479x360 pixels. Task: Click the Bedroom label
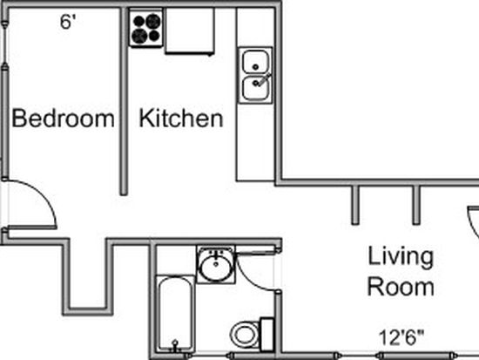click(63, 118)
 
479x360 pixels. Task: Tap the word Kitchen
click(181, 118)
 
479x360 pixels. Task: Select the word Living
click(401, 257)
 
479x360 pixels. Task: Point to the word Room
click(401, 287)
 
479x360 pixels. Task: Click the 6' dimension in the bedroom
click(68, 22)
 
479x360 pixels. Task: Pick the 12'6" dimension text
click(401, 337)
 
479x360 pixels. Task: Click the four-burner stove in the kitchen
click(145, 29)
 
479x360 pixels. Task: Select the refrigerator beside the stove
click(189, 31)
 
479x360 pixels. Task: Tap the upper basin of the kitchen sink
click(256, 62)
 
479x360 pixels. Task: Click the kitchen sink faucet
click(263, 79)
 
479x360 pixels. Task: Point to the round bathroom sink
click(216, 265)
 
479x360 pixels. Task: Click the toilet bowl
click(244, 335)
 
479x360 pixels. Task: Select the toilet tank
click(266, 335)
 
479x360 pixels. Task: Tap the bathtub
click(175, 314)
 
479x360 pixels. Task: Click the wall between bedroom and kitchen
click(124, 101)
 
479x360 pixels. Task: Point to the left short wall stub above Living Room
click(354, 205)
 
